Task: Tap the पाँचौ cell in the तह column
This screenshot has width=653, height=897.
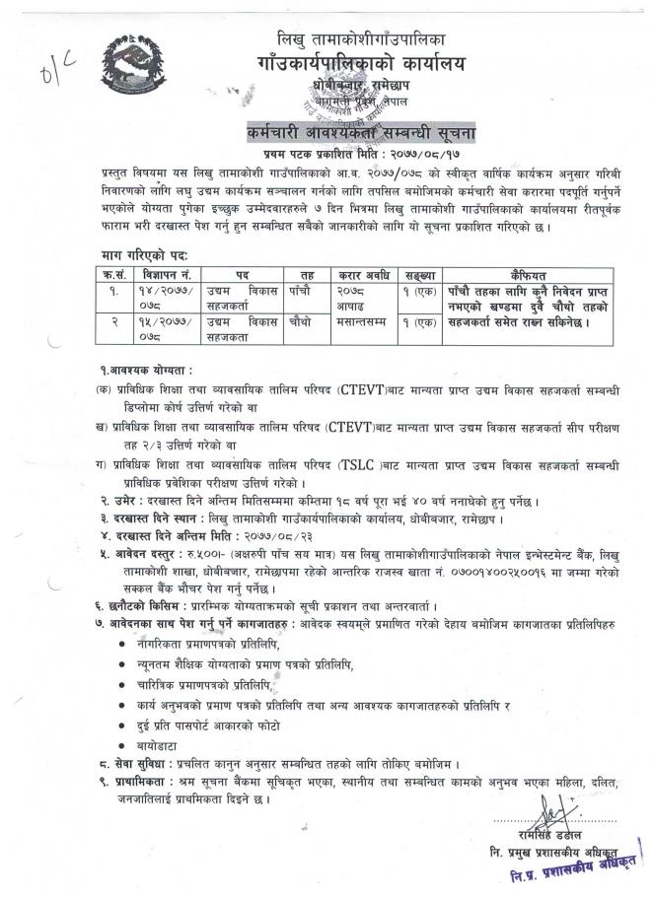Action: pyautogui.click(x=299, y=290)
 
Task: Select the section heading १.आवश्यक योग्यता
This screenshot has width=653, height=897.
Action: pyautogui.click(x=145, y=370)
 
